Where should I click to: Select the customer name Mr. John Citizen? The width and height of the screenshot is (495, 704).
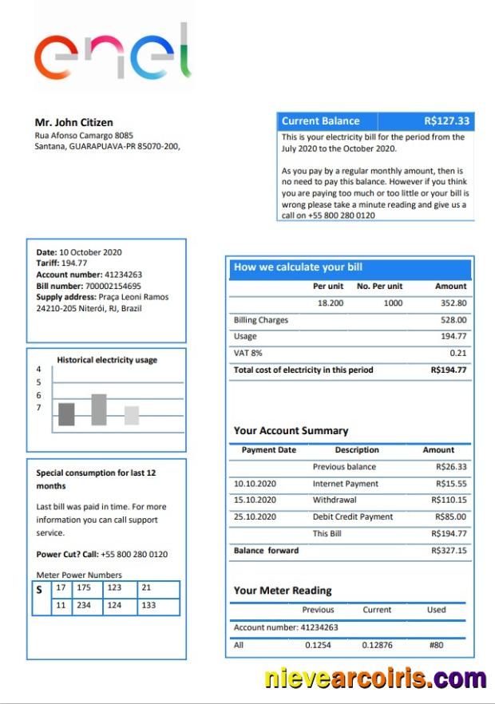(x=73, y=123)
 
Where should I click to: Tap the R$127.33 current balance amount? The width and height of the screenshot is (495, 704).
(x=447, y=121)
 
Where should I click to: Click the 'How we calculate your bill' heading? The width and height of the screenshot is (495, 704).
(x=298, y=267)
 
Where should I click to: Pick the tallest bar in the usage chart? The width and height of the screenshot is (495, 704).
(x=99, y=409)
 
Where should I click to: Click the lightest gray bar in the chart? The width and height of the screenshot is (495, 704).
(x=132, y=415)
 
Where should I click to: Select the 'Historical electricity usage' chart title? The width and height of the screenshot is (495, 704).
(x=107, y=360)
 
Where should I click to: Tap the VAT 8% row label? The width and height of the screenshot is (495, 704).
(x=247, y=353)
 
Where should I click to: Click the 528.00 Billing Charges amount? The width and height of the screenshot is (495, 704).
(x=453, y=320)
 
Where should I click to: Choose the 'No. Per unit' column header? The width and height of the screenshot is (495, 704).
(x=379, y=286)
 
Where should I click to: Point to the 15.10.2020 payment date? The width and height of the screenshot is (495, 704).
(x=255, y=500)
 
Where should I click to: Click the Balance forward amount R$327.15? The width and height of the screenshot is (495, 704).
(x=449, y=551)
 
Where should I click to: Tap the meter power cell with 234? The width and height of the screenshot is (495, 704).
(x=84, y=606)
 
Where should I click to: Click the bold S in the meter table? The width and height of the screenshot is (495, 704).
(x=39, y=591)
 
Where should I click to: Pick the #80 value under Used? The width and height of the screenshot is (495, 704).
(x=436, y=645)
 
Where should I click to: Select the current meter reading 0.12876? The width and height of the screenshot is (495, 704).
(x=377, y=645)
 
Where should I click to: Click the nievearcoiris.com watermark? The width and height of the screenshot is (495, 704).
(x=375, y=678)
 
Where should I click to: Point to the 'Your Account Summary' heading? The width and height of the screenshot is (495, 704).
(x=291, y=431)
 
